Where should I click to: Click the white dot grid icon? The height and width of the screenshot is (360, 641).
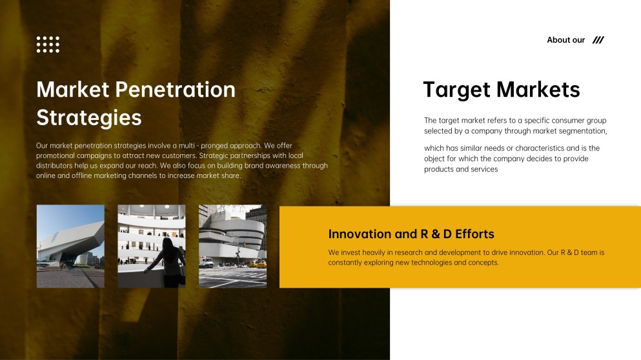click(x=48, y=45)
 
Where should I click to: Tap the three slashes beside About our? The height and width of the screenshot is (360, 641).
click(x=598, y=39)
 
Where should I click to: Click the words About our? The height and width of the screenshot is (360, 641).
click(x=565, y=39)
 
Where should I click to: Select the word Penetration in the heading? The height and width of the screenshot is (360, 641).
click(x=176, y=90)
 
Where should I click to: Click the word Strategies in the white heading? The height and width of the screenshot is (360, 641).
click(x=88, y=117)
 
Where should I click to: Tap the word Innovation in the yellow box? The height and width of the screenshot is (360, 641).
click(x=360, y=234)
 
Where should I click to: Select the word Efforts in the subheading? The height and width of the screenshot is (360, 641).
click(x=474, y=234)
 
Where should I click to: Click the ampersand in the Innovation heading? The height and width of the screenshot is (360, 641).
click(x=436, y=234)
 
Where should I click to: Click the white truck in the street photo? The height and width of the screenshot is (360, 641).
click(x=206, y=262)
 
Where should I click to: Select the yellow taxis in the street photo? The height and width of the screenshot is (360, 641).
click(x=257, y=265)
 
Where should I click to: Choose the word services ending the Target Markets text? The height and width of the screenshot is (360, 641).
click(x=485, y=169)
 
